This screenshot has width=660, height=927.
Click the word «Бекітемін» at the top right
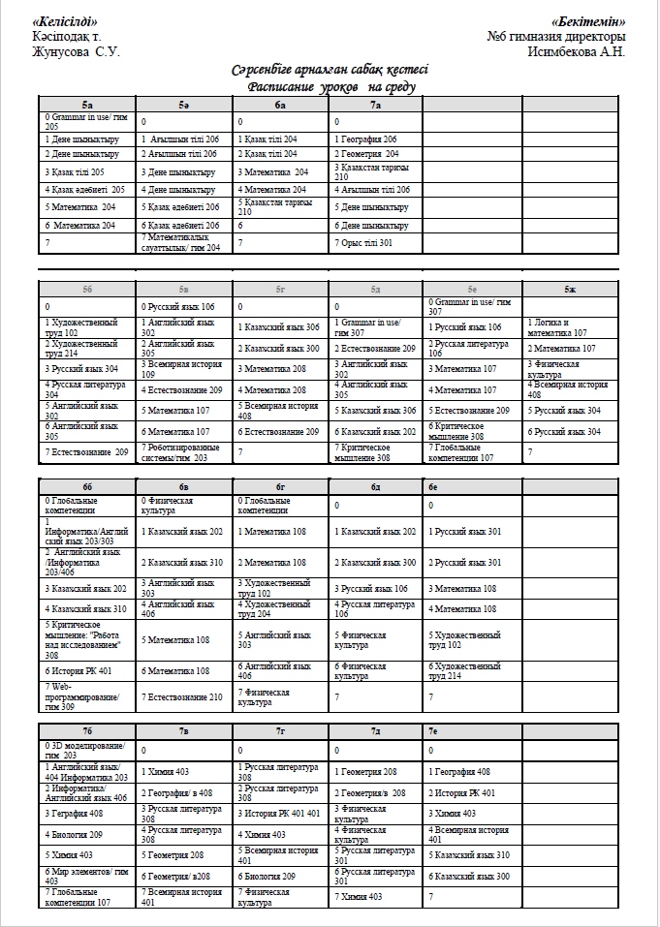click(x=589, y=22)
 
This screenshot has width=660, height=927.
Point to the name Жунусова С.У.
click(x=76, y=51)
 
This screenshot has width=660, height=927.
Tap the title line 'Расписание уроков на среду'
click(x=330, y=86)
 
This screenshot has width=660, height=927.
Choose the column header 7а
click(x=375, y=104)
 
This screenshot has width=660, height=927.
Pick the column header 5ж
click(x=569, y=289)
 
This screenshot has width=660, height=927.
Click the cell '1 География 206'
click(x=366, y=139)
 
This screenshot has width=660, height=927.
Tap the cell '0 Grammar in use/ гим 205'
click(x=85, y=121)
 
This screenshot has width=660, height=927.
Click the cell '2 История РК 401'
click(x=461, y=793)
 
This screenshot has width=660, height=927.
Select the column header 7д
click(x=375, y=731)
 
